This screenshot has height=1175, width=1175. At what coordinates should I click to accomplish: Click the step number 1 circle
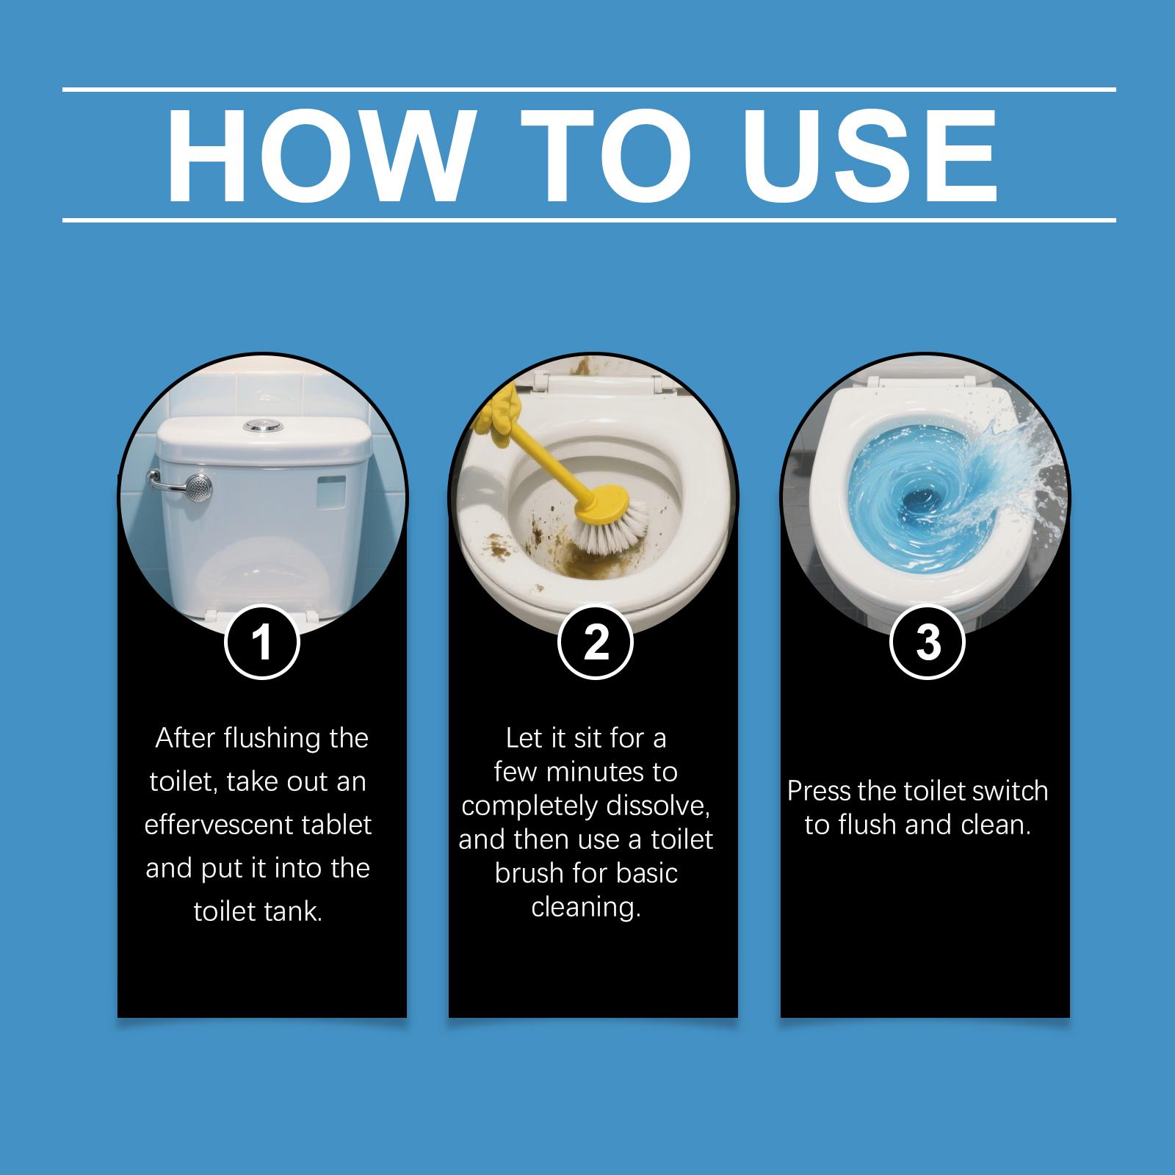262,642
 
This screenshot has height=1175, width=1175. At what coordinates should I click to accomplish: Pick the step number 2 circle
596,642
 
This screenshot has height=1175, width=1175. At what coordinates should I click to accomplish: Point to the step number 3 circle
928,642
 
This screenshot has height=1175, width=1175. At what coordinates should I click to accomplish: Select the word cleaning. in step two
586,907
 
